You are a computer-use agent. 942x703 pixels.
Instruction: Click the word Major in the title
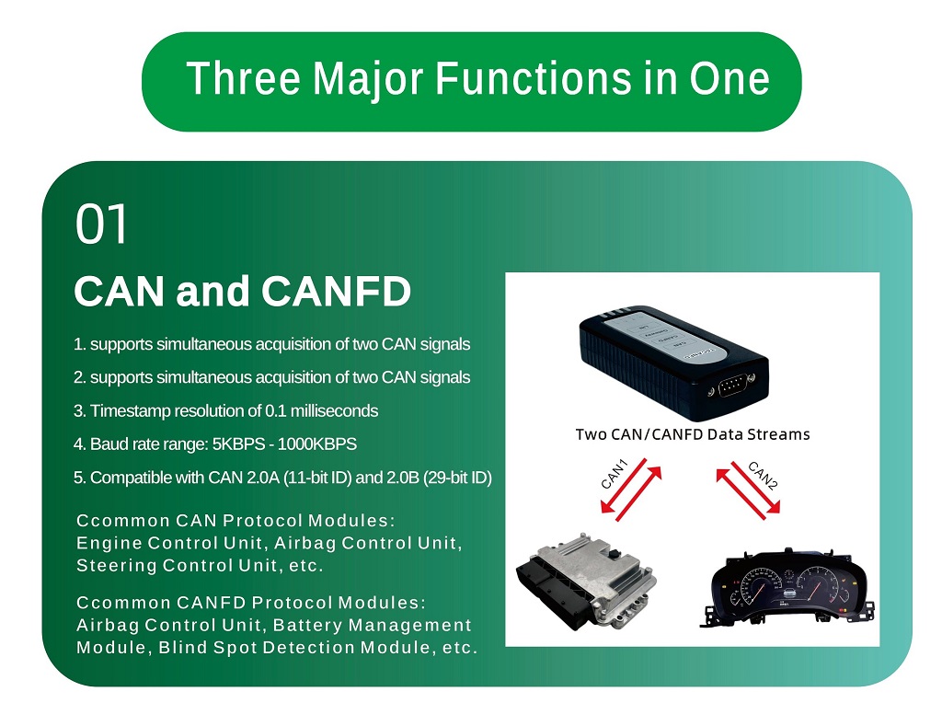368,80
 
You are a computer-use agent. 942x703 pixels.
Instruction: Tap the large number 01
101,224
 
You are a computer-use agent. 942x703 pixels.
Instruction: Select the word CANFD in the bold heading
336,292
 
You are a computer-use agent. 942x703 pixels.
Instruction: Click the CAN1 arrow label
615,474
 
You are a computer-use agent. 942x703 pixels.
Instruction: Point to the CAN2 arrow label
763,476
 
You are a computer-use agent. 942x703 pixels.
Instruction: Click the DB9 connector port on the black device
733,386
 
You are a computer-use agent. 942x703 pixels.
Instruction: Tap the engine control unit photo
586,581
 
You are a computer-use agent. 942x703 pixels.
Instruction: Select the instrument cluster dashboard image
788,590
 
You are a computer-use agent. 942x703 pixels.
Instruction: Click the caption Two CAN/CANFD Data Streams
693,434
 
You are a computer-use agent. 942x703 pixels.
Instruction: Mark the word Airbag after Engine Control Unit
305,544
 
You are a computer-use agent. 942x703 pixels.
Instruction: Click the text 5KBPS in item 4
238,444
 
